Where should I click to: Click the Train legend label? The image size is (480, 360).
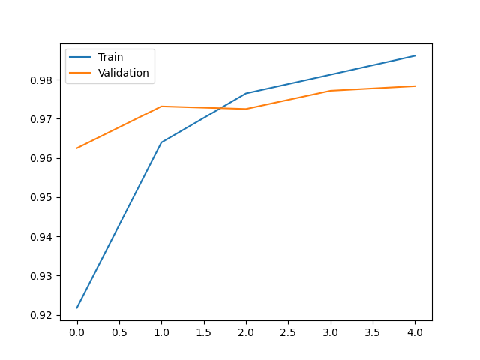click(x=109, y=57)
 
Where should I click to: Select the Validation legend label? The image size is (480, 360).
click(x=123, y=73)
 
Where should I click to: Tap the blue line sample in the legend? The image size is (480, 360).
click(x=81, y=58)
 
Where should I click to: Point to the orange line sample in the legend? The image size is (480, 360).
click(x=81, y=73)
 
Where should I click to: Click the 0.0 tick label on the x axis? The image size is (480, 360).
click(x=76, y=331)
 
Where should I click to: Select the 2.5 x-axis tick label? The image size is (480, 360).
click(x=288, y=331)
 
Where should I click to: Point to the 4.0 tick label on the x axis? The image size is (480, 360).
click(x=415, y=331)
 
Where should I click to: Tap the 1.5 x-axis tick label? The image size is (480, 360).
click(x=203, y=331)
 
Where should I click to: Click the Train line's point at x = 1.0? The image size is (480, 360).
click(x=161, y=142)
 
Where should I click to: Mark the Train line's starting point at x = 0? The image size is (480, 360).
click(x=76, y=307)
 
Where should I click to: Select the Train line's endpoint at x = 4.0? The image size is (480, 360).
click(x=415, y=55)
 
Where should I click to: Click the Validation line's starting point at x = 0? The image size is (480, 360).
click(x=76, y=148)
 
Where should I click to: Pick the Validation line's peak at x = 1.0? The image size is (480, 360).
click(x=161, y=106)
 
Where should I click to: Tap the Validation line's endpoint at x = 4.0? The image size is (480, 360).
click(x=415, y=86)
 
